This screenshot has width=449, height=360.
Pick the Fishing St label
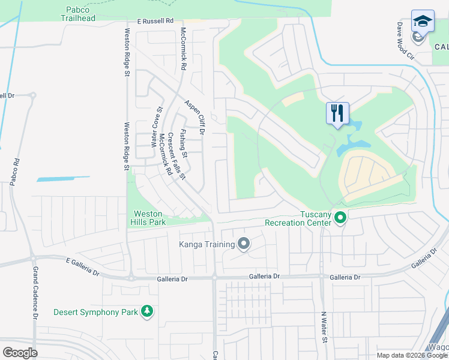point(184,144)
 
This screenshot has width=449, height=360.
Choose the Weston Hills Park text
point(148,218)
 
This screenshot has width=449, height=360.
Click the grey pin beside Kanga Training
point(243,244)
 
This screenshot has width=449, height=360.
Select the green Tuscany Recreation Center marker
point(340,218)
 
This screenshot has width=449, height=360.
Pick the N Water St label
point(324,327)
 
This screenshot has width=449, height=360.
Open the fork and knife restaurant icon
point(337,112)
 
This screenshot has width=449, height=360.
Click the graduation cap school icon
point(423,21)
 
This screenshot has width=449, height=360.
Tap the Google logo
point(19,352)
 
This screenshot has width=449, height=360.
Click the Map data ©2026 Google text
point(412,355)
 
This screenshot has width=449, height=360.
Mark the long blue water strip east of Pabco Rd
point(63,179)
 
